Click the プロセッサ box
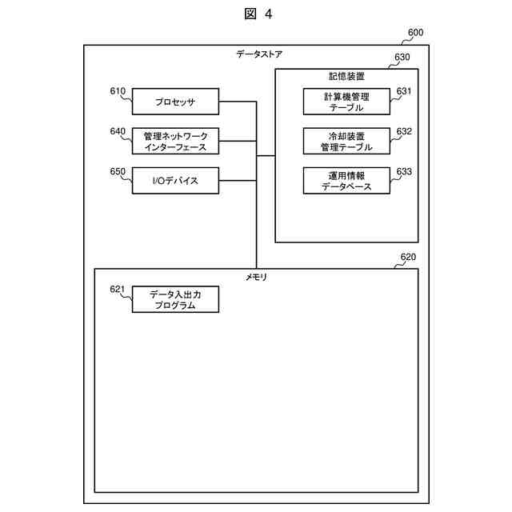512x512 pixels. click(175, 102)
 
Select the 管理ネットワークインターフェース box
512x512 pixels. click(175, 142)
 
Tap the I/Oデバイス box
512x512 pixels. click(175, 181)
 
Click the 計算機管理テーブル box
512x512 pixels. click(346, 102)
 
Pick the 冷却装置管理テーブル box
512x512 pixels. click(346, 141)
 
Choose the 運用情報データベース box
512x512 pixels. click(346, 181)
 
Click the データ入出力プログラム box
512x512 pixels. click(175, 300)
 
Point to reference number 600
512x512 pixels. click(416, 34)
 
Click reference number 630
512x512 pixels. click(402, 58)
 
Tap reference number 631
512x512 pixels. click(404, 91)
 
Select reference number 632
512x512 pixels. click(404, 131)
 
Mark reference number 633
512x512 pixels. click(404, 171)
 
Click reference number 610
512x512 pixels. click(118, 91)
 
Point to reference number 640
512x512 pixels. click(118, 131)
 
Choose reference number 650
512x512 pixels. click(118, 171)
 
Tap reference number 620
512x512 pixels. click(407, 258)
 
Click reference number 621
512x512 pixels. click(118, 290)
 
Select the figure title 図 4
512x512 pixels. click(256, 14)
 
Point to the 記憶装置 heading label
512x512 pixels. click(346, 77)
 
